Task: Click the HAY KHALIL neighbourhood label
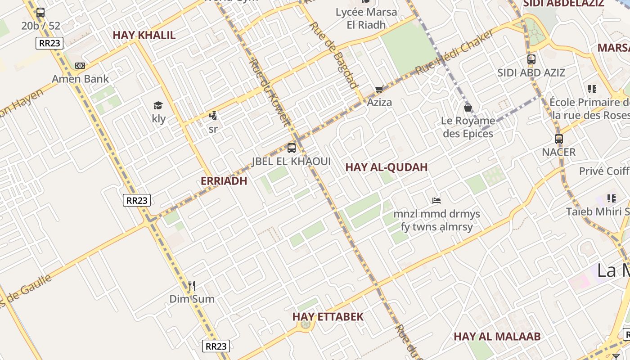144,35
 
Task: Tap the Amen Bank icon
80,66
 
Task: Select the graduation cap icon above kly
158,106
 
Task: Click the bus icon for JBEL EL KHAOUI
292,148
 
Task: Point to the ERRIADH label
224,181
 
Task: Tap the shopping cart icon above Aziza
379,89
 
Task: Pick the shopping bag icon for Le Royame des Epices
468,108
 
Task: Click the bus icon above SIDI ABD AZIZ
531,59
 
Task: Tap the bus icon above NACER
559,139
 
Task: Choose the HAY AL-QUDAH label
386,167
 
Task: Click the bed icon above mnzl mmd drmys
436,200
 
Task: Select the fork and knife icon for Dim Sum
192,285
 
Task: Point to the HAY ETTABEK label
328,316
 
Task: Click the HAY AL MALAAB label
497,337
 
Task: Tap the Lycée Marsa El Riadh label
366,18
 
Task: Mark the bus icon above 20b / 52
40,13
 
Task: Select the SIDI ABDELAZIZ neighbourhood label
563,4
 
